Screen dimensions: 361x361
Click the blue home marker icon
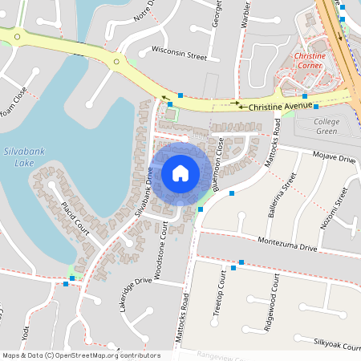point(180,172)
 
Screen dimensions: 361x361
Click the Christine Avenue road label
point(280,105)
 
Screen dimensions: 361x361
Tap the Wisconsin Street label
point(179,56)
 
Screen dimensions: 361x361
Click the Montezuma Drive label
point(287,245)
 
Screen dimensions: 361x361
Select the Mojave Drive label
point(335,160)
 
